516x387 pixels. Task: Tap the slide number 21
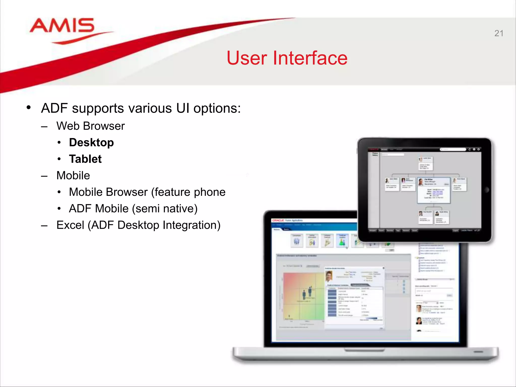point(499,34)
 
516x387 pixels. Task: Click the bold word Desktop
point(91,143)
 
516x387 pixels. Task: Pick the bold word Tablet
point(85,159)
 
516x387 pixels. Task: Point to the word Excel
point(70,225)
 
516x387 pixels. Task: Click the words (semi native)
point(165,209)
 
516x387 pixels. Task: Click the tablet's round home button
point(487,190)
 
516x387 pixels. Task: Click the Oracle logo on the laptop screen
point(278,220)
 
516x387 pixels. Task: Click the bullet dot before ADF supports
point(29,108)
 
